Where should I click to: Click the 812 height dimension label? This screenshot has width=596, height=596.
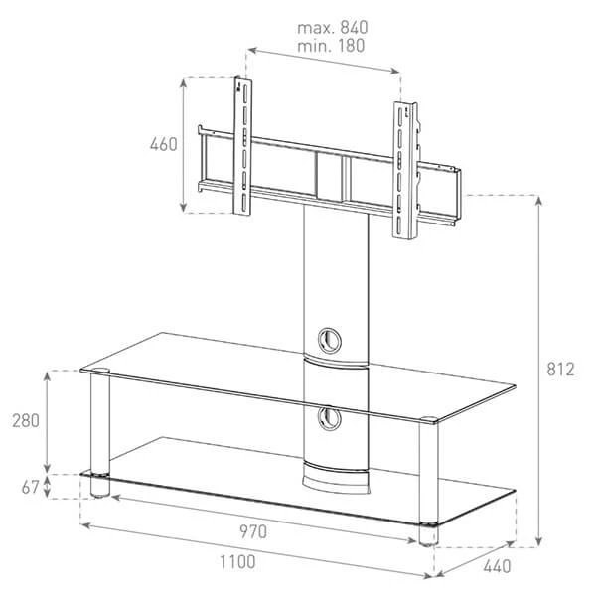tap(560, 370)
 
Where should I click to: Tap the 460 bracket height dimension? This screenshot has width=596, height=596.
tap(164, 144)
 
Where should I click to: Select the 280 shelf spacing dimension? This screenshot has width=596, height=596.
tap(26, 421)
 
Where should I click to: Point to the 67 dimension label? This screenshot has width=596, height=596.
tap(30, 487)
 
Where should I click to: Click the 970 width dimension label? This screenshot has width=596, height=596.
tap(253, 531)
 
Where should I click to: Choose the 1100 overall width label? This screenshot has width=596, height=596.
tap(237, 562)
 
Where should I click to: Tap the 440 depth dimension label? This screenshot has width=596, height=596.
tap(497, 566)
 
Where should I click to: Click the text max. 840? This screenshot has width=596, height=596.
tap(332, 28)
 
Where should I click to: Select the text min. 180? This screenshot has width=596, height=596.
tap(331, 46)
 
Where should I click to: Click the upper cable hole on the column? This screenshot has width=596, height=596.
tap(329, 340)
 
